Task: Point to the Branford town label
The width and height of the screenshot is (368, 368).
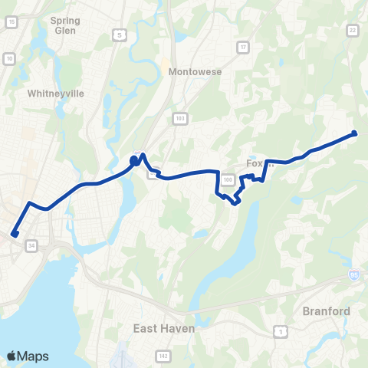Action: [326, 311]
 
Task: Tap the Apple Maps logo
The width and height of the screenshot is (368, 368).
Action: [28, 356]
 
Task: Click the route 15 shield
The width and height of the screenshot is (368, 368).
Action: [11, 23]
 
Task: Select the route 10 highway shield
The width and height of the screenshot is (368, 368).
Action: [9, 58]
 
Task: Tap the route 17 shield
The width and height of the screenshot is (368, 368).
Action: [243, 48]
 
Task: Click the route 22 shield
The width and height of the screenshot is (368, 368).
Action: [352, 30]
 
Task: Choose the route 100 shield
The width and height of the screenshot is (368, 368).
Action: [227, 179]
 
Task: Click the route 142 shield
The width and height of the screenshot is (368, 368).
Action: [163, 356]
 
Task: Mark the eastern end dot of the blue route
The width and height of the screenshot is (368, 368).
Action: [355, 133]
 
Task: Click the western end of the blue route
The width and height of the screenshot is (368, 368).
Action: [15, 235]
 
